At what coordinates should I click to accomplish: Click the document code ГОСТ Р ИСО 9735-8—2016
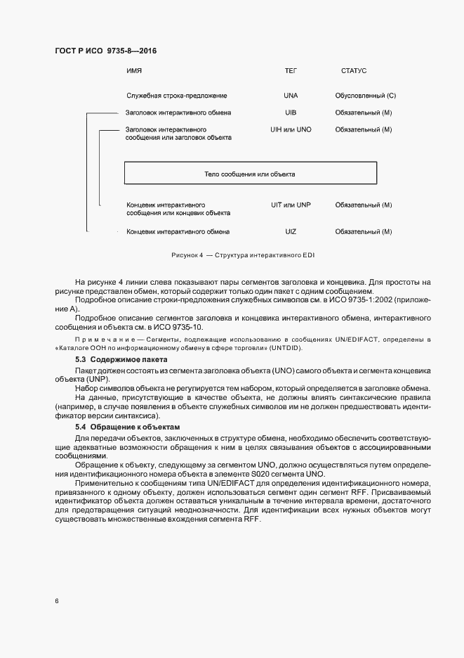click(x=105, y=51)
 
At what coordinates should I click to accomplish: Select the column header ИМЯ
click(x=134, y=71)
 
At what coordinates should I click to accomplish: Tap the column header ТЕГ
click(x=291, y=71)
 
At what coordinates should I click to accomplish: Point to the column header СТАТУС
click(x=354, y=71)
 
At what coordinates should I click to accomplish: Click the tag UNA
click(x=291, y=95)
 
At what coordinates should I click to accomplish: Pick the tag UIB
click(x=291, y=112)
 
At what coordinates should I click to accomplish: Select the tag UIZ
click(x=291, y=231)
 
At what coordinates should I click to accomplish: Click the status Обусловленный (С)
click(x=365, y=95)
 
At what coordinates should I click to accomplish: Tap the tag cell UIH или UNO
click(x=291, y=130)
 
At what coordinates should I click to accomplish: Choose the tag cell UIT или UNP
click(x=291, y=205)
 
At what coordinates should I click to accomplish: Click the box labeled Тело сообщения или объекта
click(x=250, y=173)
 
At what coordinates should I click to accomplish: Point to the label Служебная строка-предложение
click(x=176, y=95)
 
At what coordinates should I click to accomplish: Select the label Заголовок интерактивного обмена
click(x=178, y=112)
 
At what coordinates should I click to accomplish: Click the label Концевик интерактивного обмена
click(x=178, y=231)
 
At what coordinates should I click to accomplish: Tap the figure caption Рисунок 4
click(x=186, y=254)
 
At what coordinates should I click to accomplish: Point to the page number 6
click(x=55, y=601)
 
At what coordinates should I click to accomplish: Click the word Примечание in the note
click(x=98, y=340)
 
